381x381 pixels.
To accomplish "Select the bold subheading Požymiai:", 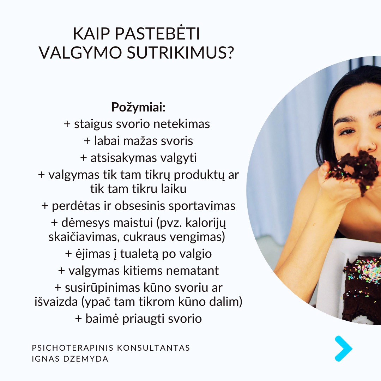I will [x=138, y=107].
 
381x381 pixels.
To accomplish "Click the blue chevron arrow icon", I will [x=343, y=349].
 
